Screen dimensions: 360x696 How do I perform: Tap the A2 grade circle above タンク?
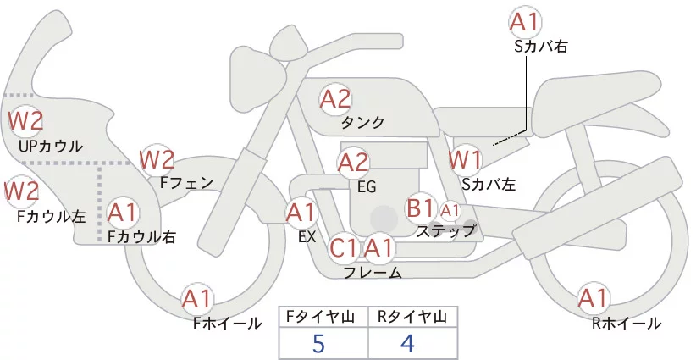[335, 99]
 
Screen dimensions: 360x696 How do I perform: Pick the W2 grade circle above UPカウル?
[25, 121]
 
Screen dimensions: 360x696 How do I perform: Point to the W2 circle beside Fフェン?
[157, 158]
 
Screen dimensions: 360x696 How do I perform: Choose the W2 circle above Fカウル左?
[22, 191]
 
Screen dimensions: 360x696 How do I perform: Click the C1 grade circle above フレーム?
[344, 248]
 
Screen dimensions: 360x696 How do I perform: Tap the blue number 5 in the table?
[318, 343]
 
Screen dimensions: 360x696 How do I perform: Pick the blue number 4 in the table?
[408, 343]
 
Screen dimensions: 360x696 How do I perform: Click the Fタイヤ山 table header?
[323, 317]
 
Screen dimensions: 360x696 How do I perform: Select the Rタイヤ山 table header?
[412, 317]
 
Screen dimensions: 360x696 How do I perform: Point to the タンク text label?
[363, 123]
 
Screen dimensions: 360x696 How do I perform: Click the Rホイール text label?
[627, 323]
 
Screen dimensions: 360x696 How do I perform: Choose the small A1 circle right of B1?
[450, 209]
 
